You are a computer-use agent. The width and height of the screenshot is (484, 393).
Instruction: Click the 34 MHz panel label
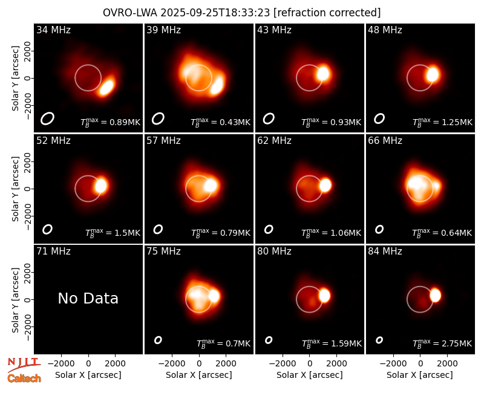(53, 30)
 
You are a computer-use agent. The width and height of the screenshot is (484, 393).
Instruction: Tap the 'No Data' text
(88, 298)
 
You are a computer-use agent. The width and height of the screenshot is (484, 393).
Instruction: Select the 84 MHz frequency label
(385, 252)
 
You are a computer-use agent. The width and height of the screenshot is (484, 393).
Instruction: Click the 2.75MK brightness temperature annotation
(442, 343)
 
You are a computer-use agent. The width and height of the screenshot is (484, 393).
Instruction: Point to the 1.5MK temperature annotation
(113, 232)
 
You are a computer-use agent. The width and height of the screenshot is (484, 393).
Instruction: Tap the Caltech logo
(24, 378)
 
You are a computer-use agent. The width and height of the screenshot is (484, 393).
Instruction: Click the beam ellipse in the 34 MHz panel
(47, 119)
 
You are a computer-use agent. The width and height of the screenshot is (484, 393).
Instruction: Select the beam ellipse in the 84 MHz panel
(379, 340)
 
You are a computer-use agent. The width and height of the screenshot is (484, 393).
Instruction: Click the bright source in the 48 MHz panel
(433, 74)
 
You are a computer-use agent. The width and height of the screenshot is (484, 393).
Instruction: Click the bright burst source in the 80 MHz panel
(324, 295)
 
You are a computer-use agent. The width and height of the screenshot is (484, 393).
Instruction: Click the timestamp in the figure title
(215, 13)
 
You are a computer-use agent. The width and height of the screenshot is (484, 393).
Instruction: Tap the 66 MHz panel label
(385, 141)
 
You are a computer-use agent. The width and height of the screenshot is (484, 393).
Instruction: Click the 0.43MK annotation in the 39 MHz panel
(220, 122)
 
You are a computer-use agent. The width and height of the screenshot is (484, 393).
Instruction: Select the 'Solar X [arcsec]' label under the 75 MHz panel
(199, 375)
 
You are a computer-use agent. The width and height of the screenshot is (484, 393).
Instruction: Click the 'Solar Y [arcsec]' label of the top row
(15, 79)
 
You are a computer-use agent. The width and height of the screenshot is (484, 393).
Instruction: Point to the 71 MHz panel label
(53, 252)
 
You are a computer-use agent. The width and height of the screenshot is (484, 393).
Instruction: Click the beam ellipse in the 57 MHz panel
(158, 229)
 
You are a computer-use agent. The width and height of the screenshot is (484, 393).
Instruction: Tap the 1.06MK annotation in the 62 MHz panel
(331, 232)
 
